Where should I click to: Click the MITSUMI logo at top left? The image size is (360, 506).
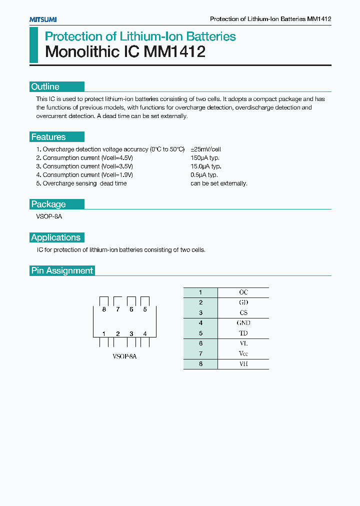point(43,19)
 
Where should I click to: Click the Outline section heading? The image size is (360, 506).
point(45,86)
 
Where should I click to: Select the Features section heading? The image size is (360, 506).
point(48,137)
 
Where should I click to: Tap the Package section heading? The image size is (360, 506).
point(48,204)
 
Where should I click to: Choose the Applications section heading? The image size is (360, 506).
point(55,237)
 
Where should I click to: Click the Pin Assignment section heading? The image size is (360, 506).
point(62,270)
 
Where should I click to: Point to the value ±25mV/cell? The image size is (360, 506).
point(205,149)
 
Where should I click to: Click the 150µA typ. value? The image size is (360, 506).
point(205,158)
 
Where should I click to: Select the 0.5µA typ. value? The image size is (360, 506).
point(204,175)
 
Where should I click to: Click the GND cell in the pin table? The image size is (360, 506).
point(243,323)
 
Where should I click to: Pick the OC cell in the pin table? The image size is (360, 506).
point(243,292)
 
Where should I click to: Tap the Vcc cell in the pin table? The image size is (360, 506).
point(243,353)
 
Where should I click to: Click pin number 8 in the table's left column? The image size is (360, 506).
point(200,364)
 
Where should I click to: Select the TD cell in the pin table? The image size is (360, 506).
point(243,333)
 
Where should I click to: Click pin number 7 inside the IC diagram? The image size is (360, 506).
point(117,309)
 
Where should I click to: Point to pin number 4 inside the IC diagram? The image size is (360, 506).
point(145,333)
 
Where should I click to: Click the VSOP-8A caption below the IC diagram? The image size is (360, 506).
point(124,356)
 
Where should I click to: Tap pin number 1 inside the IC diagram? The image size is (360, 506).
point(104,333)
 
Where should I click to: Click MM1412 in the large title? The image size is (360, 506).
point(174,52)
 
